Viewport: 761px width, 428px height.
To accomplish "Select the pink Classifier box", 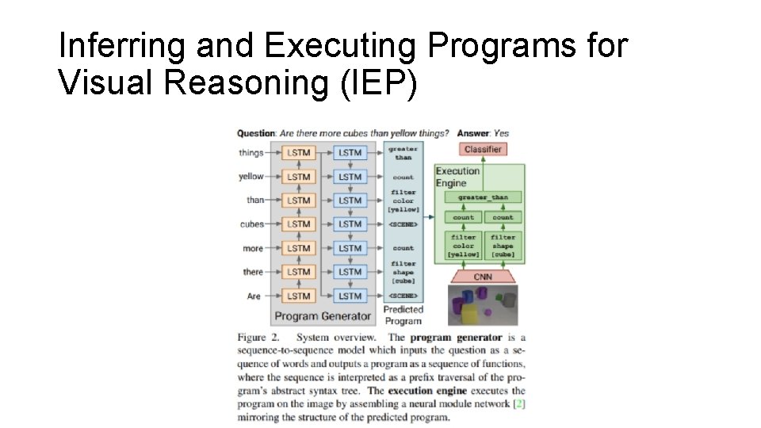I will [x=482, y=149].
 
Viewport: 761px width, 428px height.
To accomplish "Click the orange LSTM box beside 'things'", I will [x=299, y=153].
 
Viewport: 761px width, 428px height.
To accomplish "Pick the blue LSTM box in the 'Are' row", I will [x=350, y=296].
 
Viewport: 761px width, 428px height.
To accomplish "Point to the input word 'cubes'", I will [x=252, y=224].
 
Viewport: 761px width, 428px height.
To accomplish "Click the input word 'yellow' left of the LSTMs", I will [x=251, y=177].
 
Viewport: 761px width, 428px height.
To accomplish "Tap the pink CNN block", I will [x=482, y=277].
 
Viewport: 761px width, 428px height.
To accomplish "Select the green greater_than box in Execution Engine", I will [x=482, y=197].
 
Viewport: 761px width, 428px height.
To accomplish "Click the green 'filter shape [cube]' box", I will [x=503, y=245].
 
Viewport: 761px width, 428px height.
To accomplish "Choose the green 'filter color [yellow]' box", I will [x=463, y=245].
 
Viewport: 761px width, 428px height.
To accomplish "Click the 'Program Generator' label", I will [x=322, y=316].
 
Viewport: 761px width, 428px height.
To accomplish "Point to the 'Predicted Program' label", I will [x=403, y=315].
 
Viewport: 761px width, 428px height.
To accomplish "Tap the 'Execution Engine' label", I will [x=457, y=177].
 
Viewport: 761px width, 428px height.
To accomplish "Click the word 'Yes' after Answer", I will [x=501, y=133].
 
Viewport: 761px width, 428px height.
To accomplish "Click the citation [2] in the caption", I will [x=518, y=404].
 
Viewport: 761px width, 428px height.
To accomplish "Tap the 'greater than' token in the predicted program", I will [x=403, y=153].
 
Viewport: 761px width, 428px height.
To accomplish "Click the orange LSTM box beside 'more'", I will [x=299, y=248].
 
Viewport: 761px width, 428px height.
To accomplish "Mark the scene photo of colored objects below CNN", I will [x=482, y=306].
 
